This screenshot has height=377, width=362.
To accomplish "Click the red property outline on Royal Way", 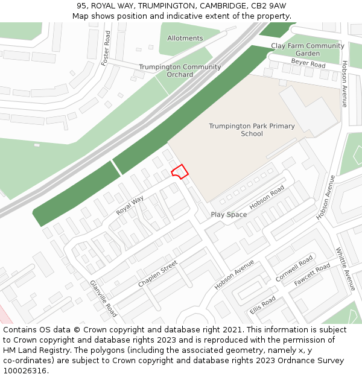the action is click(x=179, y=171).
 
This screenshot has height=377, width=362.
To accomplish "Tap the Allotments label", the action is click(x=185, y=38).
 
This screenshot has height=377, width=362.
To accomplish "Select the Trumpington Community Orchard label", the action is click(x=180, y=71).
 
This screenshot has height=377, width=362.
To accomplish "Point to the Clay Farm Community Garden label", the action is click(x=307, y=49).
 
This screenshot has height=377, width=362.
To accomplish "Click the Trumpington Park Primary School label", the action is click(x=252, y=130).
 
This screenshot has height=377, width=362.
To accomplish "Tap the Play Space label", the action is click(x=229, y=215).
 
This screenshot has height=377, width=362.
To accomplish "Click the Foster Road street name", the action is click(x=107, y=48).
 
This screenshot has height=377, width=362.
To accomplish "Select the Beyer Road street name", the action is click(x=308, y=63).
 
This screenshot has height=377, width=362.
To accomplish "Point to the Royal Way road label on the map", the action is click(x=130, y=205).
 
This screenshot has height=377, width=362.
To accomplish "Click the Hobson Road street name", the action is click(x=267, y=198).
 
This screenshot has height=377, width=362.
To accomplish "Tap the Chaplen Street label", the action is click(x=157, y=274).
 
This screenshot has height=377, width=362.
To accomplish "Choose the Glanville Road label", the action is click(x=103, y=299).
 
